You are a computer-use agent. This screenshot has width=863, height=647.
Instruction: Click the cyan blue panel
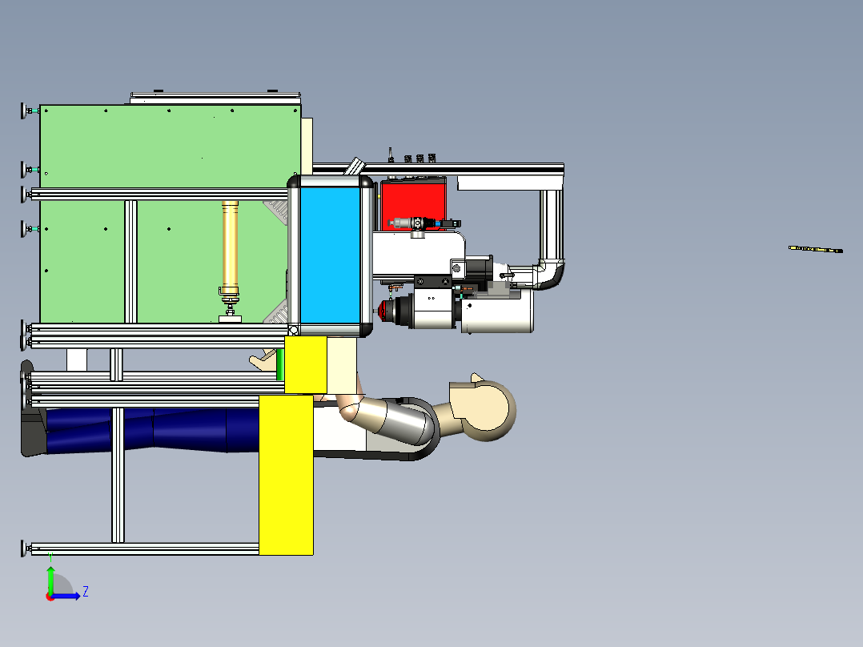330,255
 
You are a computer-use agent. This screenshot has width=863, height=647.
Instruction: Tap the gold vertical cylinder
230,244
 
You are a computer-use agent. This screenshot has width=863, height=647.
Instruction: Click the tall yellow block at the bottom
287,475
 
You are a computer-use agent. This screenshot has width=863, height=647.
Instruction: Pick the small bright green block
279,364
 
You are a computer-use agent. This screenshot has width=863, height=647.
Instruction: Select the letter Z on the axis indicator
86,592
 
